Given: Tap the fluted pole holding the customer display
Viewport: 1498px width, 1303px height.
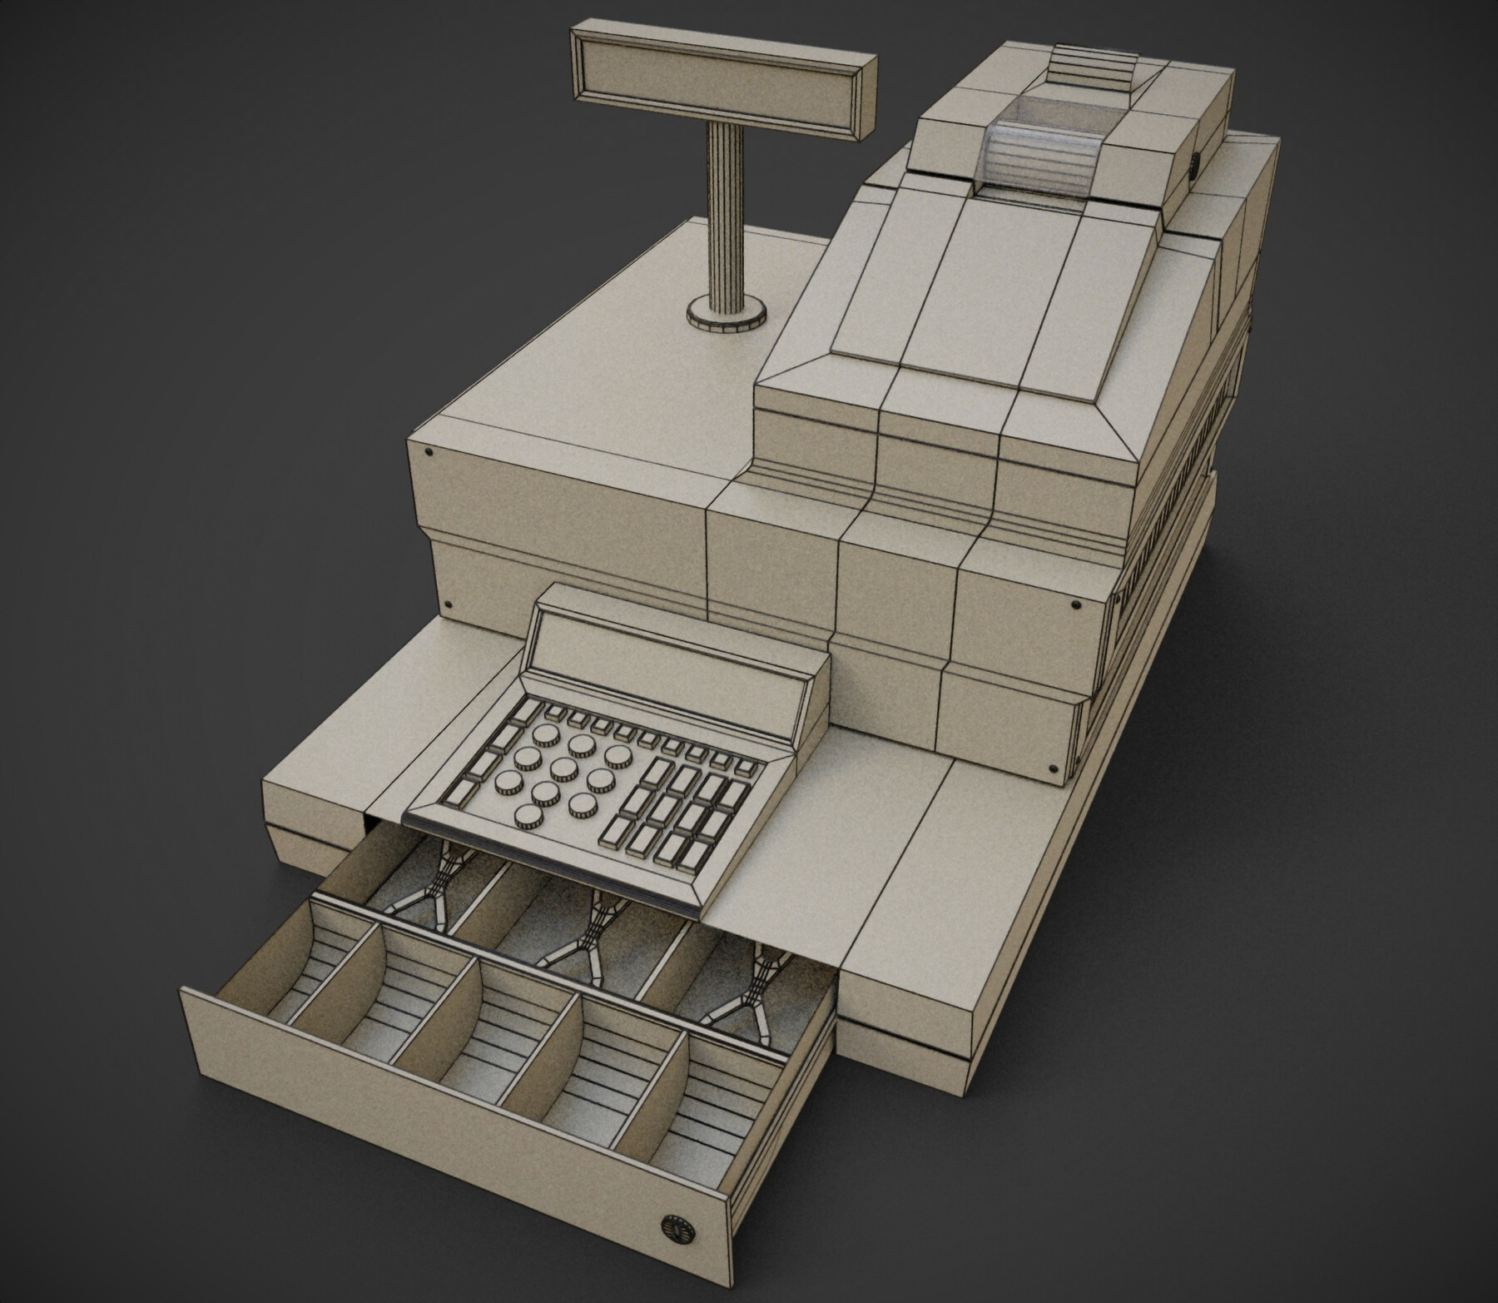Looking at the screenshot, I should coord(724,216).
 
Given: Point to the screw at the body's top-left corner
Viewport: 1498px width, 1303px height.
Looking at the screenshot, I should coord(428,452).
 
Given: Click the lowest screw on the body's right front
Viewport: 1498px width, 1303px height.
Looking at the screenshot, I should coord(1054,766).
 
